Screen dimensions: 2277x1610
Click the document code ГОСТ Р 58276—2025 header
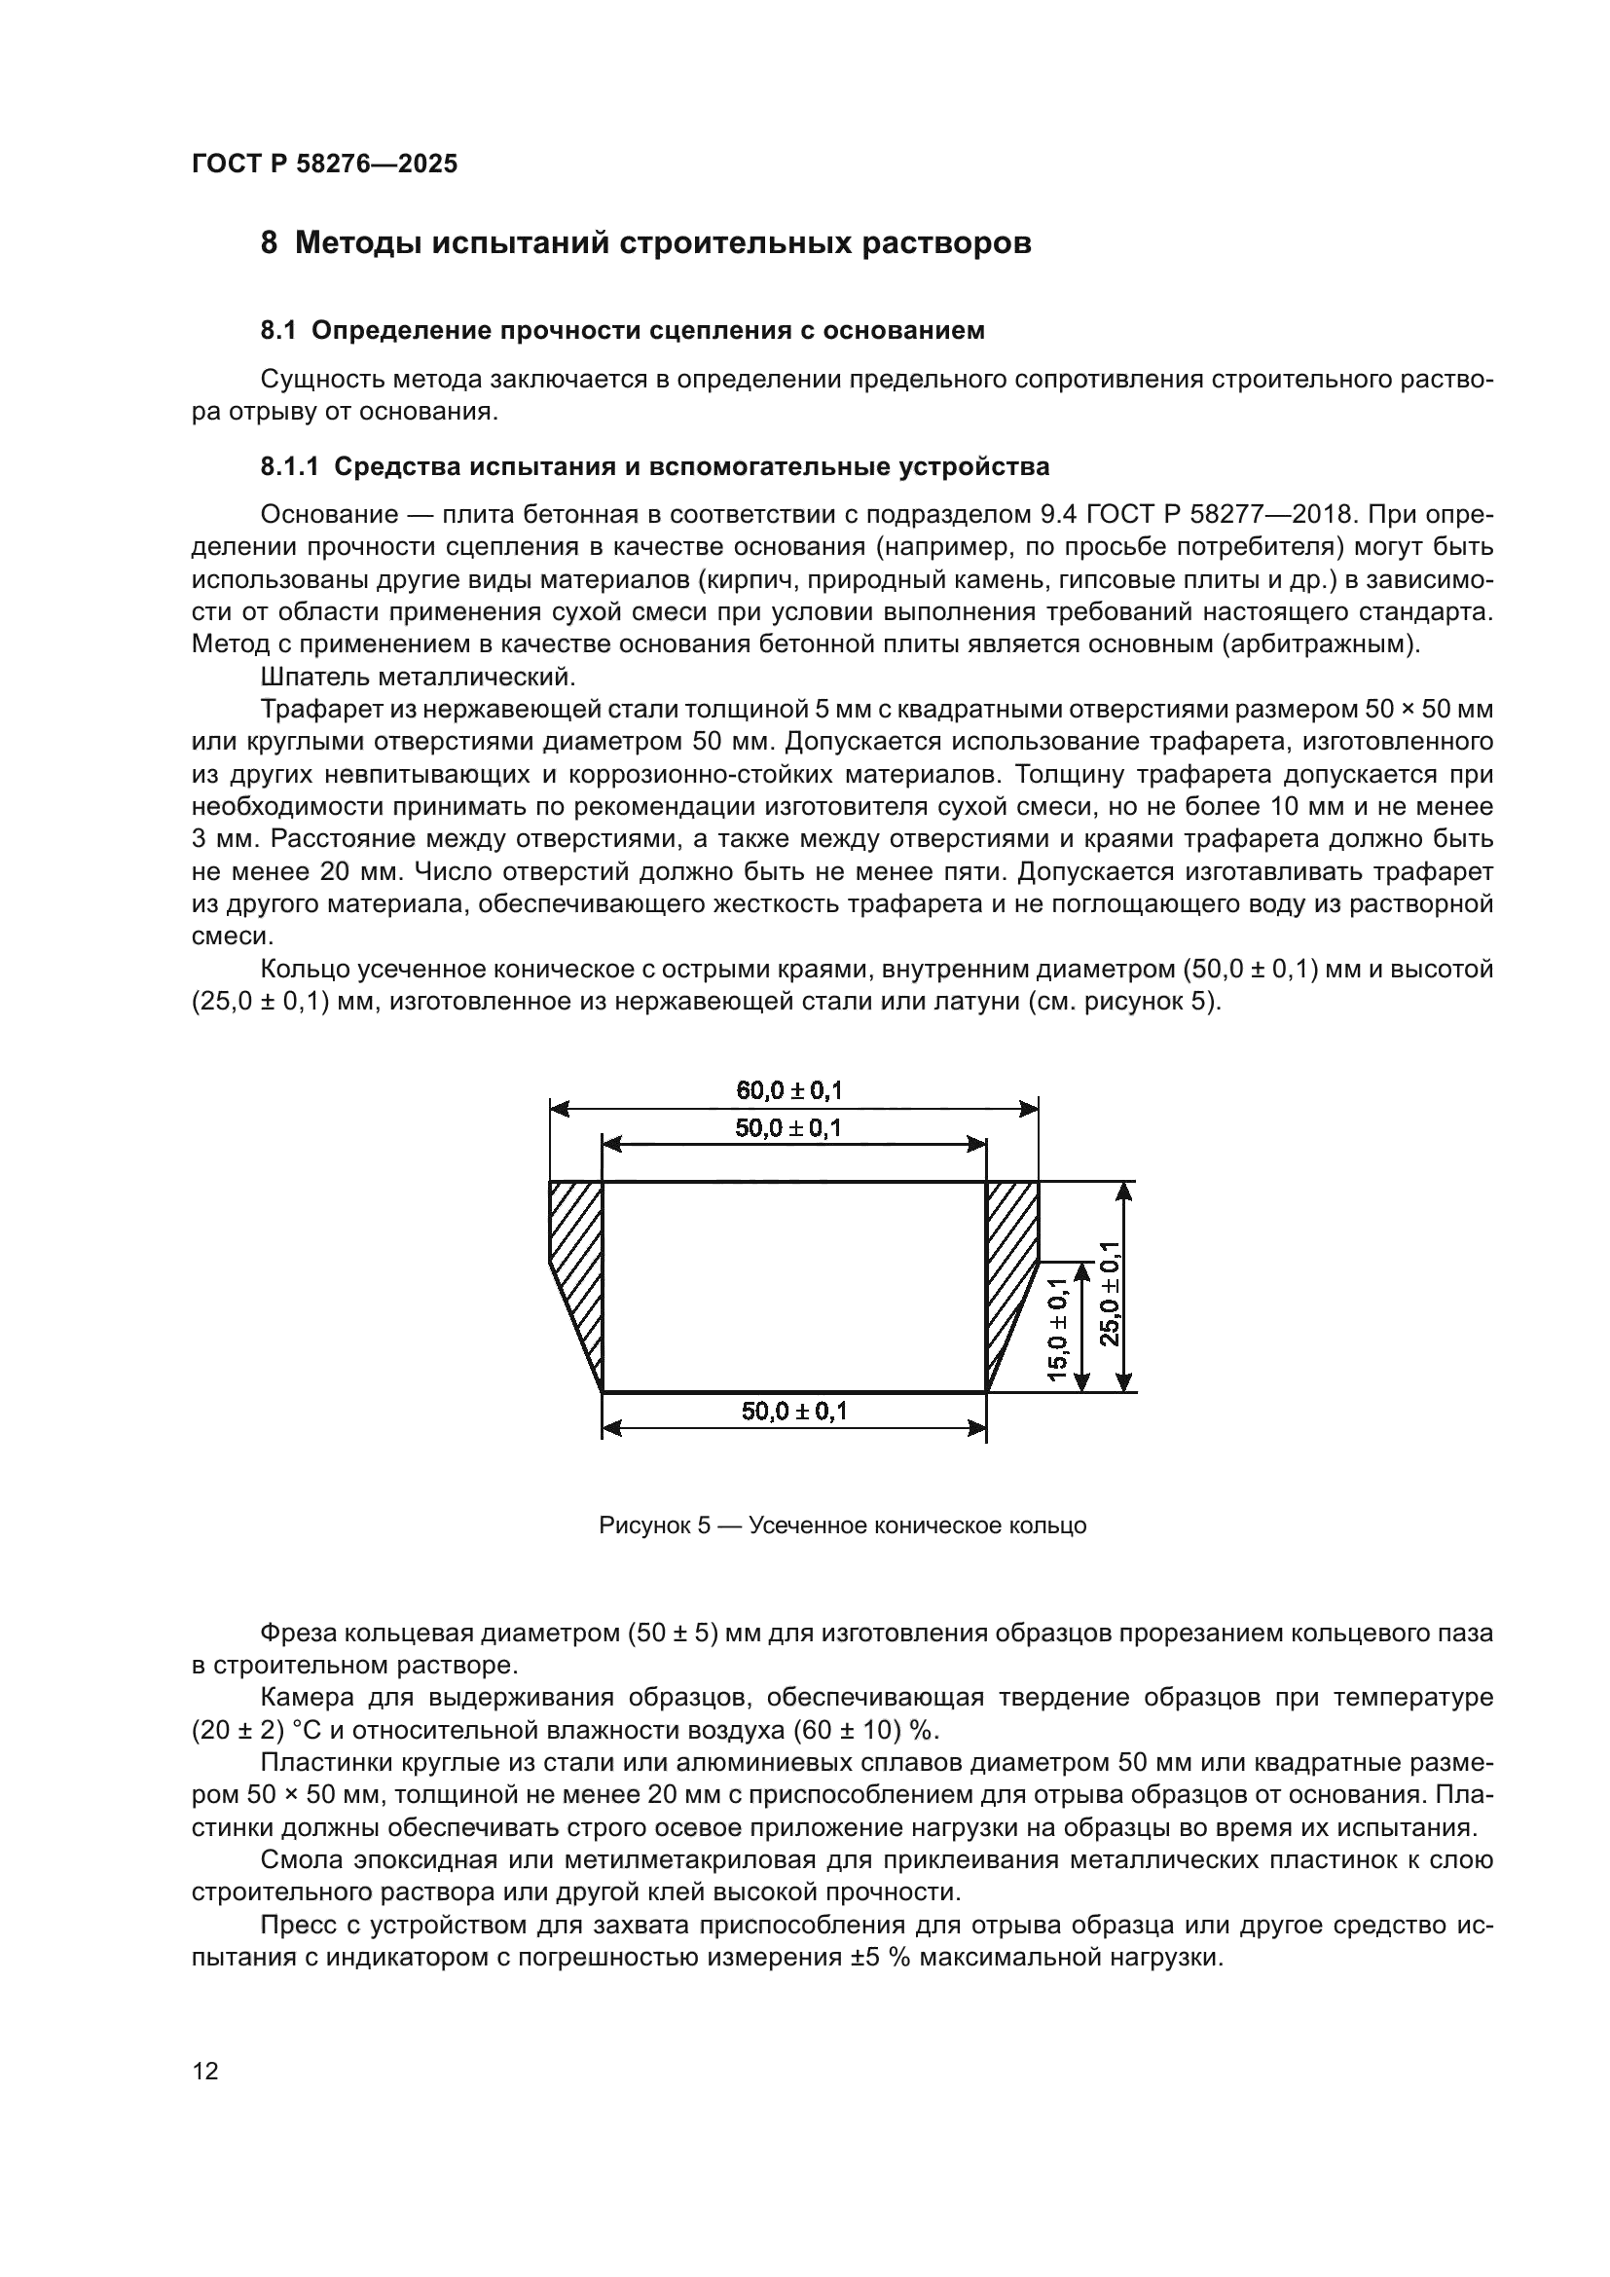324,165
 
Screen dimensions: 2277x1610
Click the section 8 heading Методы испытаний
645,243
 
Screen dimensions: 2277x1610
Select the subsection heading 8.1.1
654,466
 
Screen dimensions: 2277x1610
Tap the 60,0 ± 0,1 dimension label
789,1091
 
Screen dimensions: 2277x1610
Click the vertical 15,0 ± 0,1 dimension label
1057,1330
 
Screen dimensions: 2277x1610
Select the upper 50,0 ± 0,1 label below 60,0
789,1128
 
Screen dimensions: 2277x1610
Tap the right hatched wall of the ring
1010,1250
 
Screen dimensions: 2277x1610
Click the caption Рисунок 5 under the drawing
842,1526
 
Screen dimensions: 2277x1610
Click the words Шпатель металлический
418,678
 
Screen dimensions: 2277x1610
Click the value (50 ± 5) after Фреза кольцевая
674,1634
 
